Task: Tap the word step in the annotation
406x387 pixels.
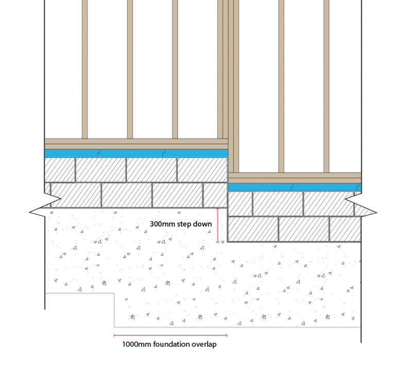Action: (x=184, y=224)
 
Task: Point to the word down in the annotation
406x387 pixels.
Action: (x=202, y=224)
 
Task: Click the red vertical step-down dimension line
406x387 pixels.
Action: (x=217, y=225)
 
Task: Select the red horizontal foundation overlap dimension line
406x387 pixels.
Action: (x=171, y=335)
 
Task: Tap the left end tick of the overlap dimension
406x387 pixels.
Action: (x=114, y=335)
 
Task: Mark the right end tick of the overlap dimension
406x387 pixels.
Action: (x=227, y=335)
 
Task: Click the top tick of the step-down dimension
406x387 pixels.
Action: (x=217, y=208)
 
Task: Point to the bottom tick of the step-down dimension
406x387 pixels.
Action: (x=217, y=243)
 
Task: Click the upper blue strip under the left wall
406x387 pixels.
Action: (x=136, y=153)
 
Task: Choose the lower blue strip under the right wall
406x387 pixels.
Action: (x=295, y=187)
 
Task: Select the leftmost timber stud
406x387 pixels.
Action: (x=84, y=69)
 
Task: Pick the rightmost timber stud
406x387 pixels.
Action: (x=326, y=86)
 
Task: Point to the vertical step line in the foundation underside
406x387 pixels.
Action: (x=114, y=310)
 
